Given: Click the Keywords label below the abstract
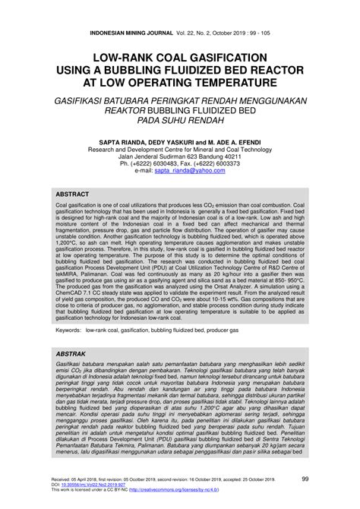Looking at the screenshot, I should tap(66, 332).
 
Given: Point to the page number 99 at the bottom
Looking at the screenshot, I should tap(325, 479).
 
